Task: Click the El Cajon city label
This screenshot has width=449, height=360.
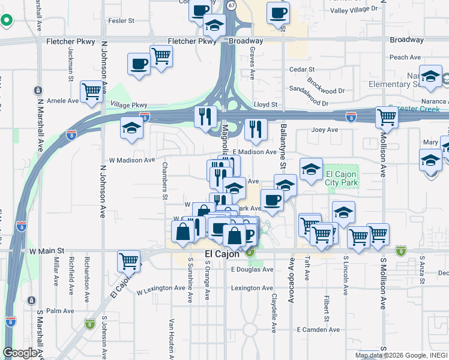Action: click(x=222, y=254)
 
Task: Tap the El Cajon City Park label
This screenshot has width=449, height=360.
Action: click(x=341, y=178)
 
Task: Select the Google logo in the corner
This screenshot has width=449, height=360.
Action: click(x=20, y=353)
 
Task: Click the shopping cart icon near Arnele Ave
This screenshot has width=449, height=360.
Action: click(x=91, y=91)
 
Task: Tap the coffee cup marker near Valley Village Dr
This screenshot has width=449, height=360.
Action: click(x=278, y=13)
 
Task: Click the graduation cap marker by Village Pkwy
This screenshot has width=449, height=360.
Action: click(x=132, y=128)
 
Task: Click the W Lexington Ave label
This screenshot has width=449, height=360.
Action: click(x=161, y=289)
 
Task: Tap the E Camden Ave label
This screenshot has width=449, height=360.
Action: click(x=319, y=330)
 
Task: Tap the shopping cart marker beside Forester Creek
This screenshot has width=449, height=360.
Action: click(x=387, y=117)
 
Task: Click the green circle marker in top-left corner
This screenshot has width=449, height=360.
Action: click(x=7, y=20)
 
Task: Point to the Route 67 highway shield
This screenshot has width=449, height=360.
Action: click(x=231, y=5)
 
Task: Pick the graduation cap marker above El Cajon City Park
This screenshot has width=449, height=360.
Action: click(x=311, y=169)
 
